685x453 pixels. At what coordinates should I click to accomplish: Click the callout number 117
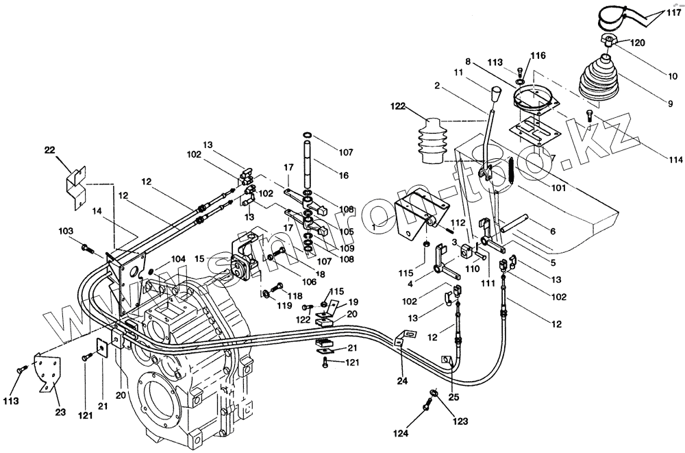click(674, 11)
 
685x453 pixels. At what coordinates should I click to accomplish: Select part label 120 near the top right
click(637, 42)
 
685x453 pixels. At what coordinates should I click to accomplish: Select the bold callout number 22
click(49, 151)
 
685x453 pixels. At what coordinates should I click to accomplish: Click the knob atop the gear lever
click(497, 93)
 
